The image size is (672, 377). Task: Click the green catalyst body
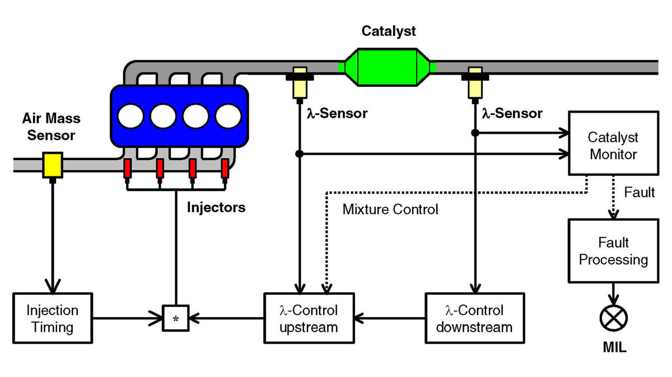(x=388, y=68)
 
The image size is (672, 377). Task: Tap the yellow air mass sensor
(x=53, y=165)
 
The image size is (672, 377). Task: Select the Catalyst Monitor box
(x=614, y=143)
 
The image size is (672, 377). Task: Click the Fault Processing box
(x=614, y=251)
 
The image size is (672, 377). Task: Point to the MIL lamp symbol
(x=614, y=318)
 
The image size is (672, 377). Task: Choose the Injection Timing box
(x=53, y=318)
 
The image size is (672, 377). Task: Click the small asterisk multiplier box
(x=175, y=318)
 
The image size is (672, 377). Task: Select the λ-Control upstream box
(x=309, y=318)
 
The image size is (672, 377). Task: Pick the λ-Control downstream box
(x=475, y=318)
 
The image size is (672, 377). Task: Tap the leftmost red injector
(x=128, y=169)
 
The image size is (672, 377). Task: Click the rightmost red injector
(x=225, y=169)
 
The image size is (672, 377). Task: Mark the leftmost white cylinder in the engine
(x=130, y=116)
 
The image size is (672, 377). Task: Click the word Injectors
(x=216, y=207)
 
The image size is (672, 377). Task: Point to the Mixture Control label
(x=390, y=209)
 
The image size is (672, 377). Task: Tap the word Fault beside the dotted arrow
(x=640, y=192)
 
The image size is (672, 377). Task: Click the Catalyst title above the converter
(x=389, y=31)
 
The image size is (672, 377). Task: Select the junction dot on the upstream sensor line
(x=300, y=154)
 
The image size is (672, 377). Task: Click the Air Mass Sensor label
(x=52, y=127)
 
